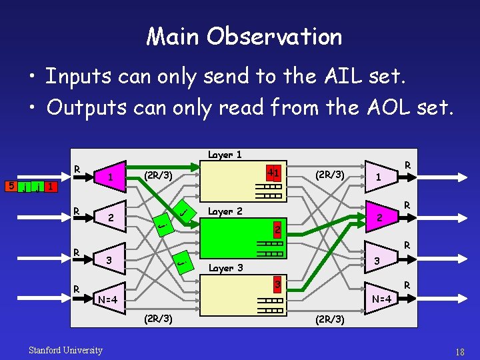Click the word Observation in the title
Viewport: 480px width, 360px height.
pos(274,36)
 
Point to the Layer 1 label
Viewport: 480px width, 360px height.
pos(225,155)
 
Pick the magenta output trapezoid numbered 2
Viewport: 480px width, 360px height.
pos(380,217)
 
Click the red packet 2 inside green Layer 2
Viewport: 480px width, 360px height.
pos(271,230)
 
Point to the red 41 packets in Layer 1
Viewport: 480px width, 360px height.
pos(272,173)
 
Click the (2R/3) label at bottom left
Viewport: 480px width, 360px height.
pos(159,319)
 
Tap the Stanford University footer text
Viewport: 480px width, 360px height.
pos(65,350)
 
